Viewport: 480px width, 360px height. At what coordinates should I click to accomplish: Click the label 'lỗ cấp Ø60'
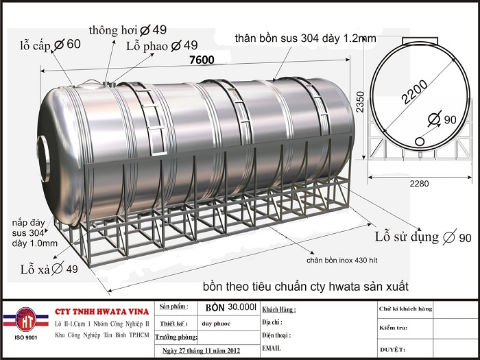49,45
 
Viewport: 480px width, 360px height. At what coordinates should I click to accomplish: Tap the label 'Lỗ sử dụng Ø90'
423,238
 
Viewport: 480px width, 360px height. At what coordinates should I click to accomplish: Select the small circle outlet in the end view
418,141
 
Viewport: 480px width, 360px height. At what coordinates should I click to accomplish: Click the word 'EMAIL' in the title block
271,348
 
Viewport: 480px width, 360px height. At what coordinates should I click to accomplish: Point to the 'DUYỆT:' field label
392,348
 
